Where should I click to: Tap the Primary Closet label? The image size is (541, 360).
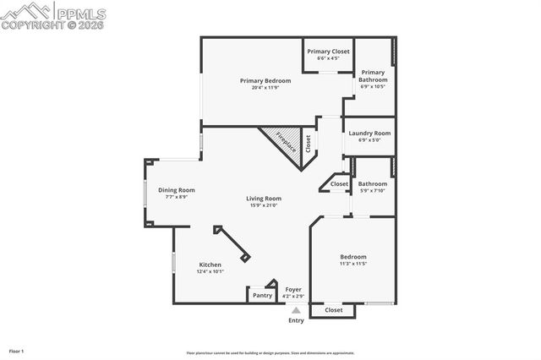coord(328,52)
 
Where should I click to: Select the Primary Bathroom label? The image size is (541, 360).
coord(373,76)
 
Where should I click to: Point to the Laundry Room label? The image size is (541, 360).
coord(370,133)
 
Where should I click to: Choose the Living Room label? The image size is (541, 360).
coord(264,199)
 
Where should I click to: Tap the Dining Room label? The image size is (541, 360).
coord(176,190)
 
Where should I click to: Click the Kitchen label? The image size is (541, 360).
coord(210,265)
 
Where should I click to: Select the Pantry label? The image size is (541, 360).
coord(262,295)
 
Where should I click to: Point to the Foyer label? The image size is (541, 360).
coord(293,290)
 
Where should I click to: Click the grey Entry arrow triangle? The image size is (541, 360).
coord(296,310)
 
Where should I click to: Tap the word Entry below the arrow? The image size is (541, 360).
coord(296,320)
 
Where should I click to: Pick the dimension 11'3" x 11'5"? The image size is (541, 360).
coord(353,264)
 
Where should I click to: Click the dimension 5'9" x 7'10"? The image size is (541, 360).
coord(373,190)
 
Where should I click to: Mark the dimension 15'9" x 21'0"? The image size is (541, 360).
coord(264,205)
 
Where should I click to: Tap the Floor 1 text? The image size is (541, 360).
coord(17,350)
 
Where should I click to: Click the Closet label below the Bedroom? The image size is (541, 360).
coord(334,310)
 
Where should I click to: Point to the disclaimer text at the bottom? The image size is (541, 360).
coord(270,353)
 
